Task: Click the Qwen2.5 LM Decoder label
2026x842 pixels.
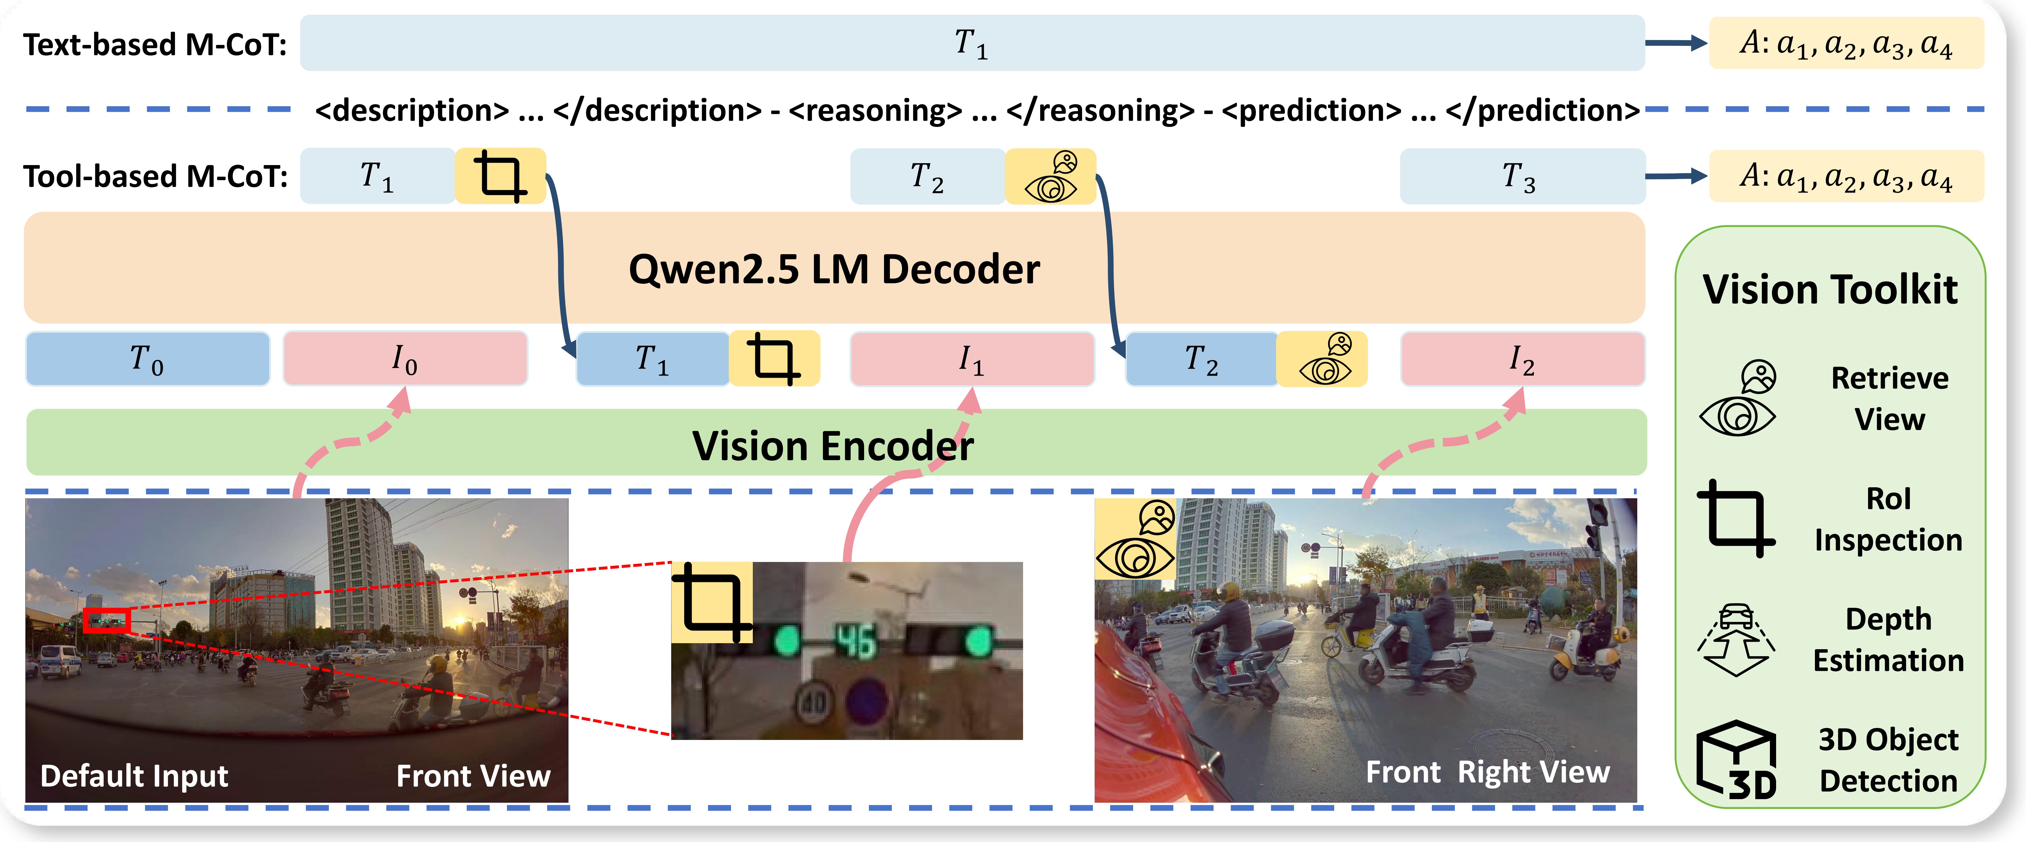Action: pyautogui.click(x=834, y=269)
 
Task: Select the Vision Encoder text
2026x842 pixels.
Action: pyautogui.click(x=832, y=445)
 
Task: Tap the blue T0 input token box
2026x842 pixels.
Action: pyautogui.click(x=148, y=359)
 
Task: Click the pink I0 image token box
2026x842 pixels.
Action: pyautogui.click(x=405, y=359)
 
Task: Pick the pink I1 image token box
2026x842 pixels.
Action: pyautogui.click(x=972, y=359)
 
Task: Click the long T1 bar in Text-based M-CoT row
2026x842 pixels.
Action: pyautogui.click(x=972, y=42)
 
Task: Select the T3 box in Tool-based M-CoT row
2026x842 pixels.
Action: pyautogui.click(x=1521, y=176)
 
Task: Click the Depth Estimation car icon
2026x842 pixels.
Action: pyautogui.click(x=1737, y=639)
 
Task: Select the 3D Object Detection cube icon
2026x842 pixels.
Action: pyautogui.click(x=1737, y=759)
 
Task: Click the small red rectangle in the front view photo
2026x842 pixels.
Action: pyautogui.click(x=106, y=621)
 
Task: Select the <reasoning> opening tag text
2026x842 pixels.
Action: pyautogui.click(x=875, y=110)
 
